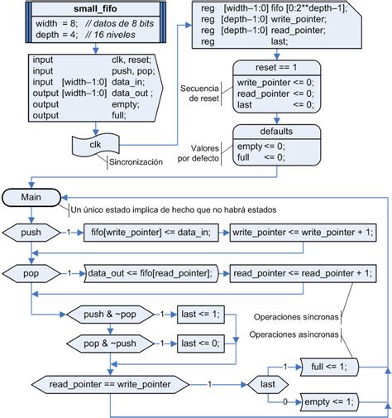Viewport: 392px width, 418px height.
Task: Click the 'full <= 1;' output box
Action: [x=330, y=366]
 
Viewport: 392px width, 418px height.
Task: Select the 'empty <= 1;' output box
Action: [x=328, y=401]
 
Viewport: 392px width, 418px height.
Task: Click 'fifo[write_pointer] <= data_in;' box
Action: [x=152, y=233]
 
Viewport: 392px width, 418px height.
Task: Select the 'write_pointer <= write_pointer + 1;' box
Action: [x=303, y=233]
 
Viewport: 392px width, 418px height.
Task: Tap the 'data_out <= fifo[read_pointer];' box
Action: [x=151, y=271]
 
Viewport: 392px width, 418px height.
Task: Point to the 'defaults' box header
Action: [x=275, y=131]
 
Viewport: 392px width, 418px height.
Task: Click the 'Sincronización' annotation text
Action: [x=137, y=162]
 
